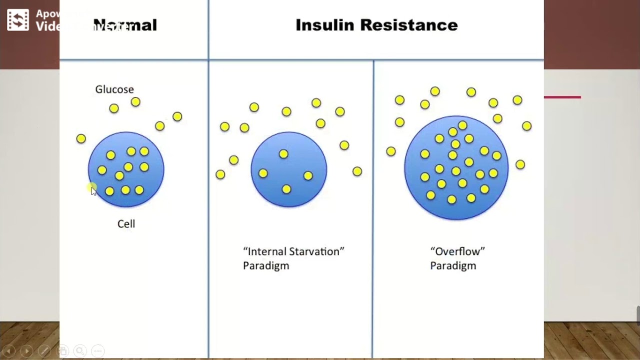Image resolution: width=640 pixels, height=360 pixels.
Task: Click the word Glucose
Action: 114,89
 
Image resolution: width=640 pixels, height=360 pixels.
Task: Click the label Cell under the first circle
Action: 126,224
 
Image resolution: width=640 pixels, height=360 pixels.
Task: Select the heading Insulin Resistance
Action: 376,25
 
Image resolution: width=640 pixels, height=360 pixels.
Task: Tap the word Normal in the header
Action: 125,25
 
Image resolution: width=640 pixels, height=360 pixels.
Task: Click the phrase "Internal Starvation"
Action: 293,251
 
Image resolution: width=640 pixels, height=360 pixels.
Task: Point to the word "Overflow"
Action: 457,251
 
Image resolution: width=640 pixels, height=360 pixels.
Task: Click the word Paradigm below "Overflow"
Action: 453,266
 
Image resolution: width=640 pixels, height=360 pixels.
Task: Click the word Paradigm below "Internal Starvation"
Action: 266,266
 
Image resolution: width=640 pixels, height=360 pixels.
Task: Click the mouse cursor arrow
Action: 93,191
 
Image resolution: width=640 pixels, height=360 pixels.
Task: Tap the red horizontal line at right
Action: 562,97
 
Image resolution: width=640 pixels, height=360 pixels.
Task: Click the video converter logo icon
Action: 18,20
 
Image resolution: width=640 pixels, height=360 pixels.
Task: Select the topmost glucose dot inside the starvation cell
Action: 283,154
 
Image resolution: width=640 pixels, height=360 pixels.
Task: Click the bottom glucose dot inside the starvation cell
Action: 286,189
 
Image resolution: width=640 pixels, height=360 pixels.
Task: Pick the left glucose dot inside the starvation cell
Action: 263,173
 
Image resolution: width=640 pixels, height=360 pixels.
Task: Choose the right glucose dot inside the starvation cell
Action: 308,175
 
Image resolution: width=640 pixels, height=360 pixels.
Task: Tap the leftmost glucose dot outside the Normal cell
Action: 81,138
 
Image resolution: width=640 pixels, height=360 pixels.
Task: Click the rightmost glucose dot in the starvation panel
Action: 357,171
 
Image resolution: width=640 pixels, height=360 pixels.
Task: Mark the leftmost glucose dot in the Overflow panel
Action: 391,151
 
